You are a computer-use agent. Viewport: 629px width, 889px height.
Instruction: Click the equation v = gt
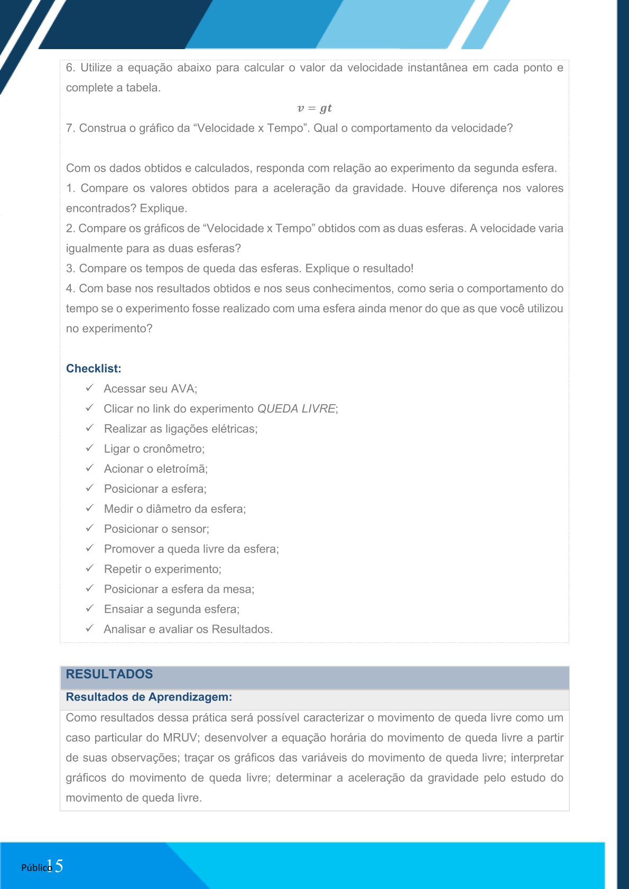coord(314,108)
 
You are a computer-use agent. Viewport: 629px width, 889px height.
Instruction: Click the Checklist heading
coord(94,369)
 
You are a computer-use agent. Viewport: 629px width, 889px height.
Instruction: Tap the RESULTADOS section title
coord(109,675)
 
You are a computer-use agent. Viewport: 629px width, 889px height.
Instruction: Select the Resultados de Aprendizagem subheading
coord(149,697)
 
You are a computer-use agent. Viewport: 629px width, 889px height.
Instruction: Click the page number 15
coord(55,866)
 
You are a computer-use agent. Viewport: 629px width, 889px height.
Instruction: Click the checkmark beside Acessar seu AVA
coord(90,388)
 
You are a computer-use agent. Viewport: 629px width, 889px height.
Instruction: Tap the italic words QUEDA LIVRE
coord(296,409)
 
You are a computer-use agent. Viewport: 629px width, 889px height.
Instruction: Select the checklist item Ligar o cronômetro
coord(154,449)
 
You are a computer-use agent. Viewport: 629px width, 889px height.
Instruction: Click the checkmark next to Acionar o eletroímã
coord(90,468)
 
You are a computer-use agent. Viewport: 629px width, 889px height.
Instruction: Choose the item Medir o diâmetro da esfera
coord(174,509)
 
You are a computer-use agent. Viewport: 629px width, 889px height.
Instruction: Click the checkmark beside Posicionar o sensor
coord(90,528)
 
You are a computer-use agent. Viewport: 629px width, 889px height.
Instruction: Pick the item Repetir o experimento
coord(162,569)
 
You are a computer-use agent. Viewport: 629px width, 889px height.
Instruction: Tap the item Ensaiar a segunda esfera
coord(171,610)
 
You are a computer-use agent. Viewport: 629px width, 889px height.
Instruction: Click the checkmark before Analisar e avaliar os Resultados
coord(90,629)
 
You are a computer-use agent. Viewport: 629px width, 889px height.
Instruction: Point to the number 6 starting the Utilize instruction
coord(70,68)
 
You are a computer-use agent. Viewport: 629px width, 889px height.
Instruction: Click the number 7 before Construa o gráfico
coord(70,128)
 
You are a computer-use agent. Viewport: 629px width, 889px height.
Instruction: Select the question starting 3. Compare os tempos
coord(239,268)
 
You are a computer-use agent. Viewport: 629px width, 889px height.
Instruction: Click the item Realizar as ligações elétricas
coord(180,429)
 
